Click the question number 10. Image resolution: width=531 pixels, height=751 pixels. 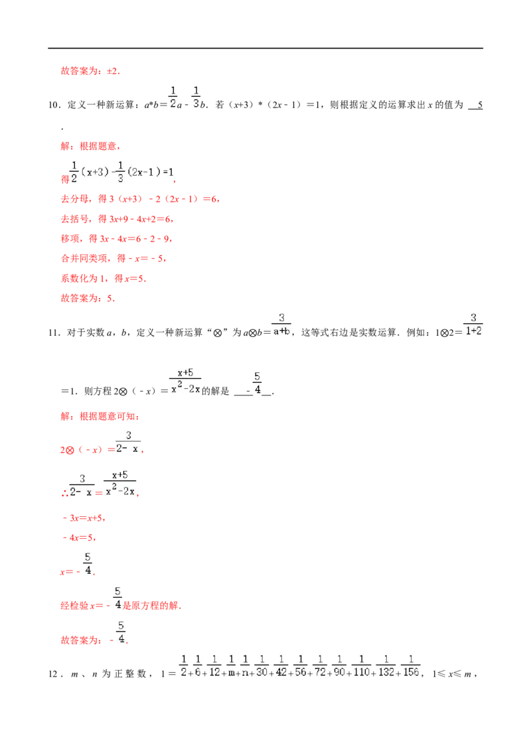(x=54, y=105)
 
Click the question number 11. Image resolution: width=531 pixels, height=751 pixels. (x=54, y=333)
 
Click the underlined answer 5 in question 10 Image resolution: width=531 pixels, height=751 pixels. (x=480, y=105)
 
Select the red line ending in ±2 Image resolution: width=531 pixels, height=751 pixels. (x=90, y=72)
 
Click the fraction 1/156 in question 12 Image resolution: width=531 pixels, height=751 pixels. (x=411, y=666)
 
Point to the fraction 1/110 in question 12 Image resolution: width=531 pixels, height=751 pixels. (x=361, y=666)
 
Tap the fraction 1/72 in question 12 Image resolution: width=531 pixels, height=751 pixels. (x=320, y=666)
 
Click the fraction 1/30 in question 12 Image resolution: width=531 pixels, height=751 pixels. (x=262, y=666)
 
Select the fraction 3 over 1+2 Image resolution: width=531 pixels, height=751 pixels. (x=473, y=324)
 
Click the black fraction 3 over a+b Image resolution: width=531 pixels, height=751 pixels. (x=281, y=324)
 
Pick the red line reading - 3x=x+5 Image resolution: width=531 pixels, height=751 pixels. (x=84, y=518)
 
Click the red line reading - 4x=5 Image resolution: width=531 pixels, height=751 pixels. (x=79, y=538)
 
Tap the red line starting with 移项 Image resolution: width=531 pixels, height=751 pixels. (x=116, y=239)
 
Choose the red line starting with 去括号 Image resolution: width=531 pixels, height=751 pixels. (x=117, y=220)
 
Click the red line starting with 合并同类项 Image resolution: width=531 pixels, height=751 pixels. (x=114, y=259)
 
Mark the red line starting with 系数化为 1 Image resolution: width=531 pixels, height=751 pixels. (x=103, y=279)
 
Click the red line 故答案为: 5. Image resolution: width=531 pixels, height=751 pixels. (x=88, y=299)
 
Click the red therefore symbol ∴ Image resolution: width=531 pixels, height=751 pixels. (x=64, y=494)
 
